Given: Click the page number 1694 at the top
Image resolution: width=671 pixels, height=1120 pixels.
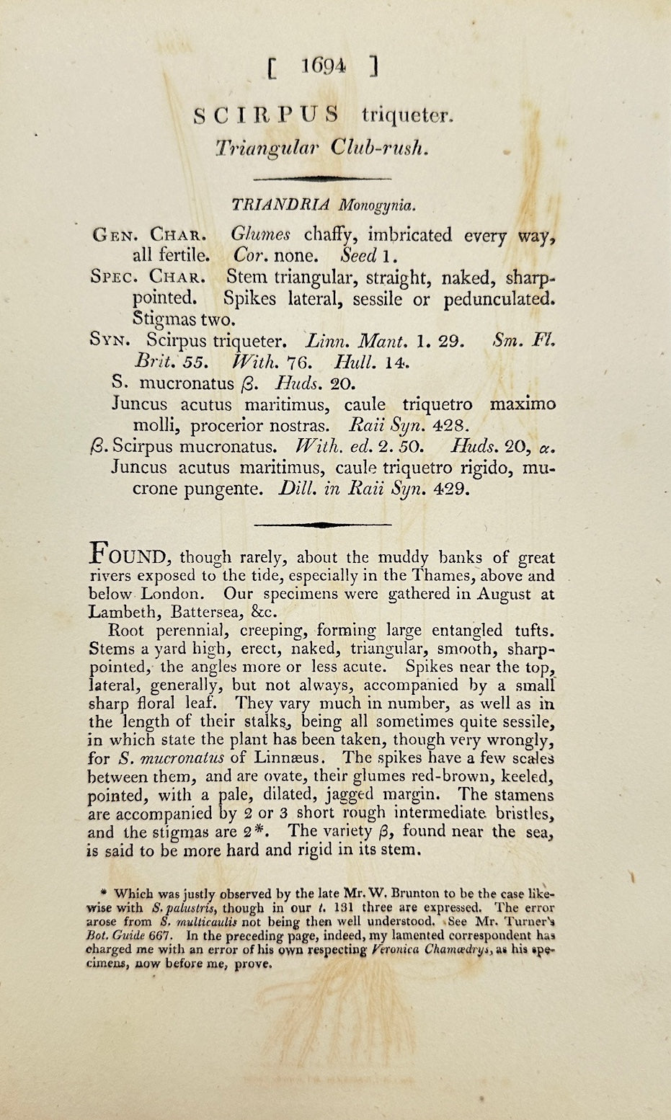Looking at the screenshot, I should (322, 67).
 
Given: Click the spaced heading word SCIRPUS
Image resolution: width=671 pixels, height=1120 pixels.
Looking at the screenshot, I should (267, 115).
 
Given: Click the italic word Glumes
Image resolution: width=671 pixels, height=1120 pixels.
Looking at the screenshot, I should (261, 234).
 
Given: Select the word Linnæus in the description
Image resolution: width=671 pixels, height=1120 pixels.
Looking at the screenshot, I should (293, 758).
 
